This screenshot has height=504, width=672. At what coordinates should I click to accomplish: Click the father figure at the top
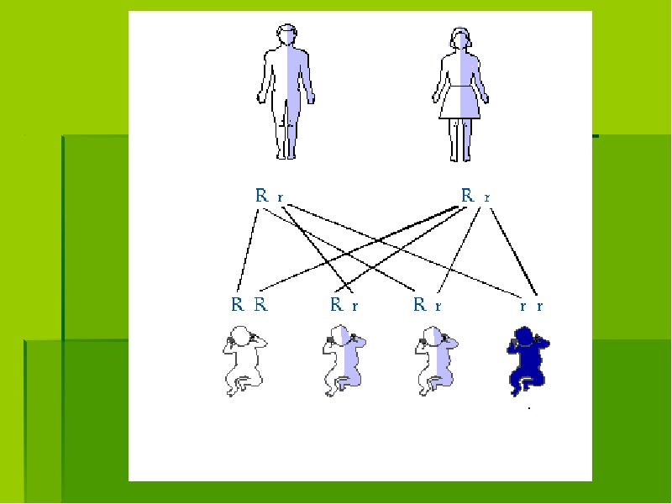coord(286,92)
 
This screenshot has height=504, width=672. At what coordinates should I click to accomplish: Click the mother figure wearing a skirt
coord(460,94)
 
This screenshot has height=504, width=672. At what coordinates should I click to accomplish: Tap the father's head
coord(286,34)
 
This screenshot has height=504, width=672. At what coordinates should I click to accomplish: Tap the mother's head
coord(460,38)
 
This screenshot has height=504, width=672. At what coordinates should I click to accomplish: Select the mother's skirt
coord(459,102)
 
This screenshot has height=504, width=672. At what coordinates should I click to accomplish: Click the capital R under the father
coord(261,196)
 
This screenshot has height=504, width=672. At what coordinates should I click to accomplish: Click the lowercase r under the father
coord(281,197)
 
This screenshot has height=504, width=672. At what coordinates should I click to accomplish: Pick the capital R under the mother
coord(468,196)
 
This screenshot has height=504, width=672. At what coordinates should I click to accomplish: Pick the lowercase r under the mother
coord(487,197)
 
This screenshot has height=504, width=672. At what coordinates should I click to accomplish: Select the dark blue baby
coord(528,361)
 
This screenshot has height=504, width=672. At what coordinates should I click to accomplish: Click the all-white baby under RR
coord(244,361)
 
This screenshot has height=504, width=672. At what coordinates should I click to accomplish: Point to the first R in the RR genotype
coord(238,304)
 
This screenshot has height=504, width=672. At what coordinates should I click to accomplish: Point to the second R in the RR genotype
coord(260,304)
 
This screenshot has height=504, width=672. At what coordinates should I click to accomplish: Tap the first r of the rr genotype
coord(522,306)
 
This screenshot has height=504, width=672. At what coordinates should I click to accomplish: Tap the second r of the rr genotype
coord(539,306)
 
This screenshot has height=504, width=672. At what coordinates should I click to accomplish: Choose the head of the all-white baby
coord(241,335)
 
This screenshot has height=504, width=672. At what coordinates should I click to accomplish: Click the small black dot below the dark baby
coord(529,408)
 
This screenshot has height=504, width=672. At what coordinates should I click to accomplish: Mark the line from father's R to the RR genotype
coord(248,249)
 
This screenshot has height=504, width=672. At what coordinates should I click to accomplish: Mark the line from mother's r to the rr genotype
coord(513,252)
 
